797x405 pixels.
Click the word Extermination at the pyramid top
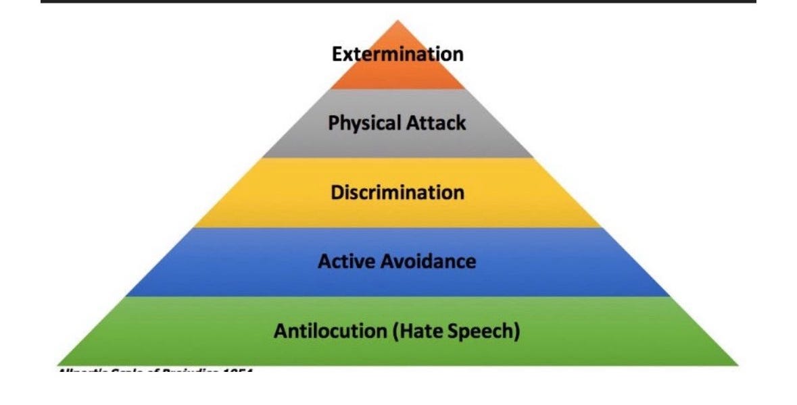397,54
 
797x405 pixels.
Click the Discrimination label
397,192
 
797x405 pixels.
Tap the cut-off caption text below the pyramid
155,371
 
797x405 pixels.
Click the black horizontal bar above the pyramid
397,2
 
